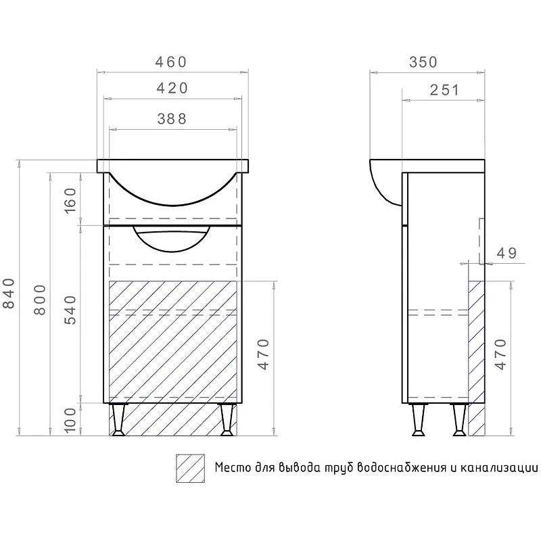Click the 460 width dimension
coord(171,62)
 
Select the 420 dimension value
coord(172,89)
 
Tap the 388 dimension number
coord(172,119)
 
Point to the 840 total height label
coord(9,293)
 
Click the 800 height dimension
coord(40,300)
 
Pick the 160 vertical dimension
coord(70,200)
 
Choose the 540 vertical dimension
coord(70,310)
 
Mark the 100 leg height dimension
coord(70,420)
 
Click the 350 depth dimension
coord(423,62)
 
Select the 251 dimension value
coord(445,90)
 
